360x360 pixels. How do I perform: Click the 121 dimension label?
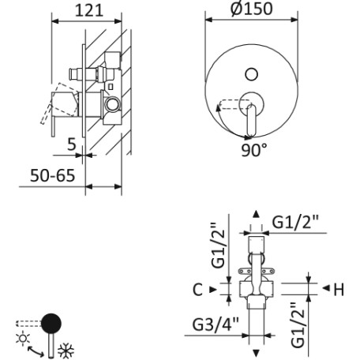[89, 11]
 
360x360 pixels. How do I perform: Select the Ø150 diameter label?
[252, 9]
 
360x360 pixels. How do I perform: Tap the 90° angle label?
[254, 150]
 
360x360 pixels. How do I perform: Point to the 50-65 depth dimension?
[52, 175]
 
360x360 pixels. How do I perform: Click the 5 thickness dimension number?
[72, 144]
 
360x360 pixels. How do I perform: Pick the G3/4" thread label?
[216, 324]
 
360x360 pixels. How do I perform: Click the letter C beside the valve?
[197, 290]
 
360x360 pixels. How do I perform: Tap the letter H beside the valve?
[339, 290]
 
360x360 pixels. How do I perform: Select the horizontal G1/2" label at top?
[295, 223]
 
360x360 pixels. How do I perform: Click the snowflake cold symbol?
[66, 351]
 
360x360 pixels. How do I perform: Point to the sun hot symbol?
[23, 338]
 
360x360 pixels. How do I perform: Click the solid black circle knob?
[51, 324]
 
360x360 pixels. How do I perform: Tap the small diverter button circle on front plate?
[251, 74]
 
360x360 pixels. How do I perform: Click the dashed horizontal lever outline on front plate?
[234, 104]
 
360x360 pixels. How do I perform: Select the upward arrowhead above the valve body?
[256, 214]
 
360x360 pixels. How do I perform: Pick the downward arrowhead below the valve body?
[256, 353]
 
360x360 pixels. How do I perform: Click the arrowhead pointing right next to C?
[213, 290]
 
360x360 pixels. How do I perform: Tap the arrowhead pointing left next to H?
[326, 288]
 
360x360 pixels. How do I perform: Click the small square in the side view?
[111, 87]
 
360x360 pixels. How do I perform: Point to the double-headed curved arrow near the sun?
[36, 351]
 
